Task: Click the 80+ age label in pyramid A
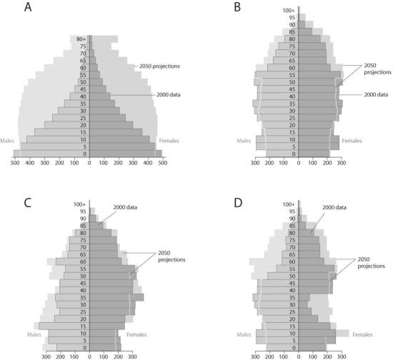(x=82, y=39)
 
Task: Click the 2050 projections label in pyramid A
(x=156, y=66)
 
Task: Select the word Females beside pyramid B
(x=352, y=141)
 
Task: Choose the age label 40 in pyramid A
(x=84, y=96)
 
